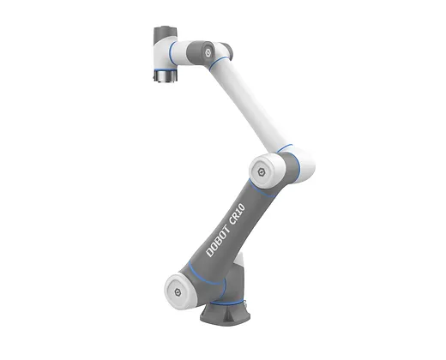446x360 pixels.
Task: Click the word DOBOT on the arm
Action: tap(218, 241)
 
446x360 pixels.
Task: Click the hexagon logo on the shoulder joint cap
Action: tap(178, 292)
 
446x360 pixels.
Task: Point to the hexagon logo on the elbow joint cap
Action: tap(261, 171)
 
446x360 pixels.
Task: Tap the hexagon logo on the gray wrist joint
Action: tap(208, 51)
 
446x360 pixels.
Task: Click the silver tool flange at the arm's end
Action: tap(166, 76)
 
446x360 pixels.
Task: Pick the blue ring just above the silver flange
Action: tap(166, 70)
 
